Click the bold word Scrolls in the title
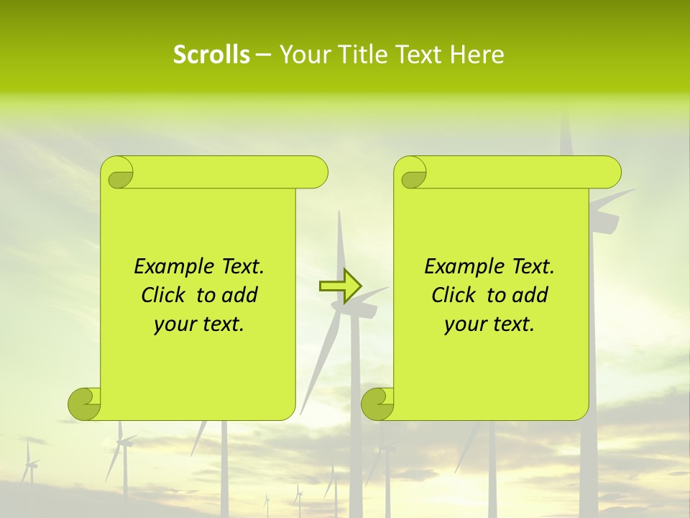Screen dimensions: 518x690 [211, 55]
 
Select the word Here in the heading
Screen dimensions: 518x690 [477, 55]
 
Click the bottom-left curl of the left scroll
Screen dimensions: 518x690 [84, 404]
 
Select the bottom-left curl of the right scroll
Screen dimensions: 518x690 [377, 404]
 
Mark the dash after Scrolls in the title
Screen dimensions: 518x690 [263, 55]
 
